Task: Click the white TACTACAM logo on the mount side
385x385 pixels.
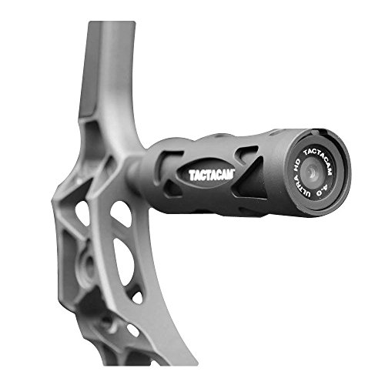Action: tap(212, 175)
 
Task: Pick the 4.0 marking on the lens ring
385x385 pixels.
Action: tap(323, 190)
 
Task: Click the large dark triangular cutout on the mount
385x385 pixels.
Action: tap(249, 177)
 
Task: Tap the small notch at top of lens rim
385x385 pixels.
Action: tap(315, 132)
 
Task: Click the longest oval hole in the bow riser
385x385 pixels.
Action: tap(124, 262)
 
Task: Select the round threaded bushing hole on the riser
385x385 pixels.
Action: tap(89, 263)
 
